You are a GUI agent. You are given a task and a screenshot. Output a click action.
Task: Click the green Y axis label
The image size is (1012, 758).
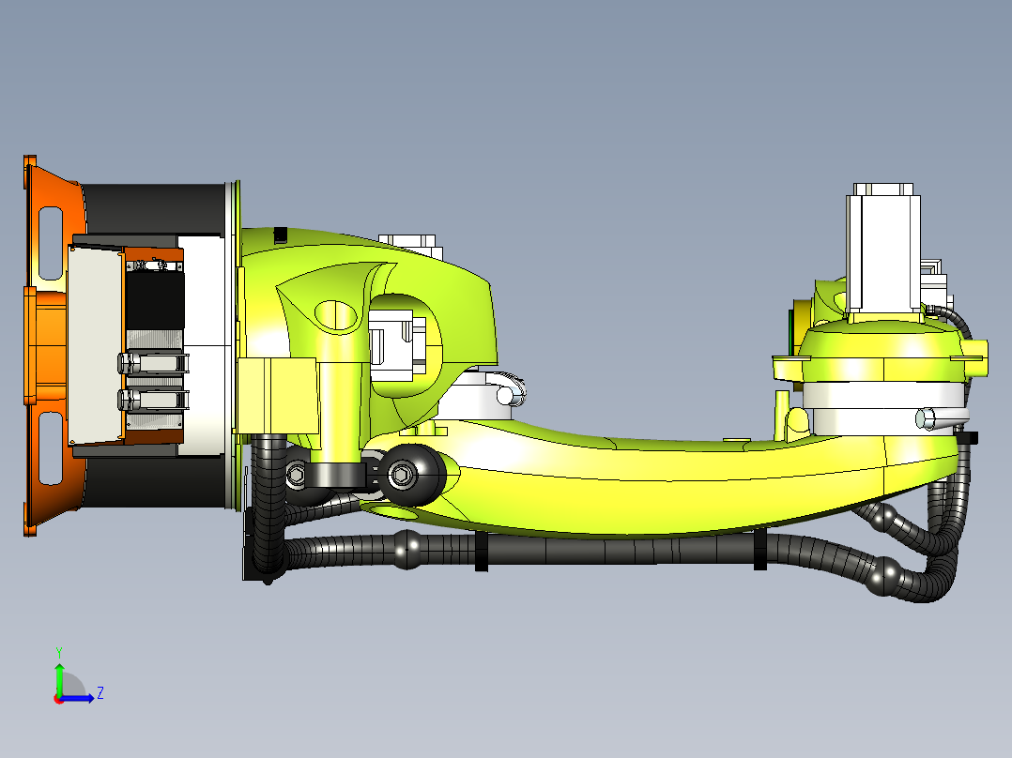58,650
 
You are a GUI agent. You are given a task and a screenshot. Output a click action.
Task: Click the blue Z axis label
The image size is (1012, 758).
100,693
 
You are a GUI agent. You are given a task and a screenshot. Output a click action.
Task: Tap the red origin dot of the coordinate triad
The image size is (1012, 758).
58,699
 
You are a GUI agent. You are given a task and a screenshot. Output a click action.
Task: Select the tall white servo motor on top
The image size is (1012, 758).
882,249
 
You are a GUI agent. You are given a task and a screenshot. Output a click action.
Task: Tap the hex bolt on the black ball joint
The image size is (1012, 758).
401,476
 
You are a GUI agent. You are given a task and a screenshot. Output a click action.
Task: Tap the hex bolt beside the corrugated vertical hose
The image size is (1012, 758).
295,476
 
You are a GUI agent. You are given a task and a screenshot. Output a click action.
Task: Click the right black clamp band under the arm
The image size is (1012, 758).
759,550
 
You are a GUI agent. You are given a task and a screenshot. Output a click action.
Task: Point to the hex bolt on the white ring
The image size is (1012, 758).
926,418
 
